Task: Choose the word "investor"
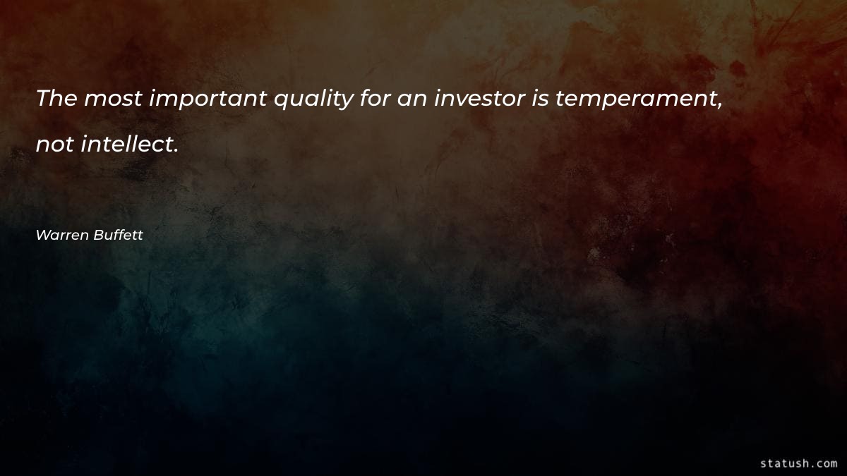(x=478, y=99)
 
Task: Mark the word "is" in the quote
(x=540, y=99)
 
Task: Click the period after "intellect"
(x=174, y=151)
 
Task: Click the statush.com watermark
(x=798, y=463)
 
